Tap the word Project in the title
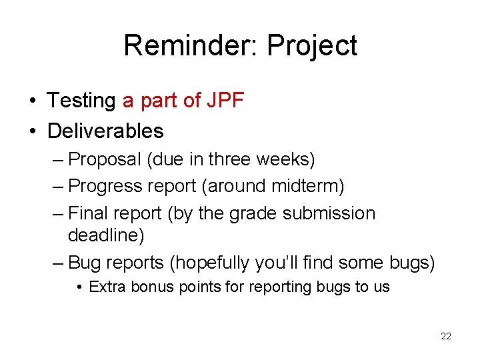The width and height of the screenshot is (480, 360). click(x=312, y=47)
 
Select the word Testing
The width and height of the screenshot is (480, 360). click(x=81, y=101)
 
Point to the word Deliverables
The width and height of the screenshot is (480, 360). click(x=105, y=131)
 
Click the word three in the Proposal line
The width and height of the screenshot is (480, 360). click(x=230, y=160)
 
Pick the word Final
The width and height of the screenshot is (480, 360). click(x=91, y=213)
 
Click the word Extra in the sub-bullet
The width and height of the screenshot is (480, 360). click(x=103, y=287)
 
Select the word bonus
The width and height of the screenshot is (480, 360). click(x=141, y=287)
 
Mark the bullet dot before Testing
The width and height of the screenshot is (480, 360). click(x=32, y=101)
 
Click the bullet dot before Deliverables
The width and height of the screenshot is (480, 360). click(x=32, y=131)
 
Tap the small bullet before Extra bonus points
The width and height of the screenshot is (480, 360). click(x=79, y=288)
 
